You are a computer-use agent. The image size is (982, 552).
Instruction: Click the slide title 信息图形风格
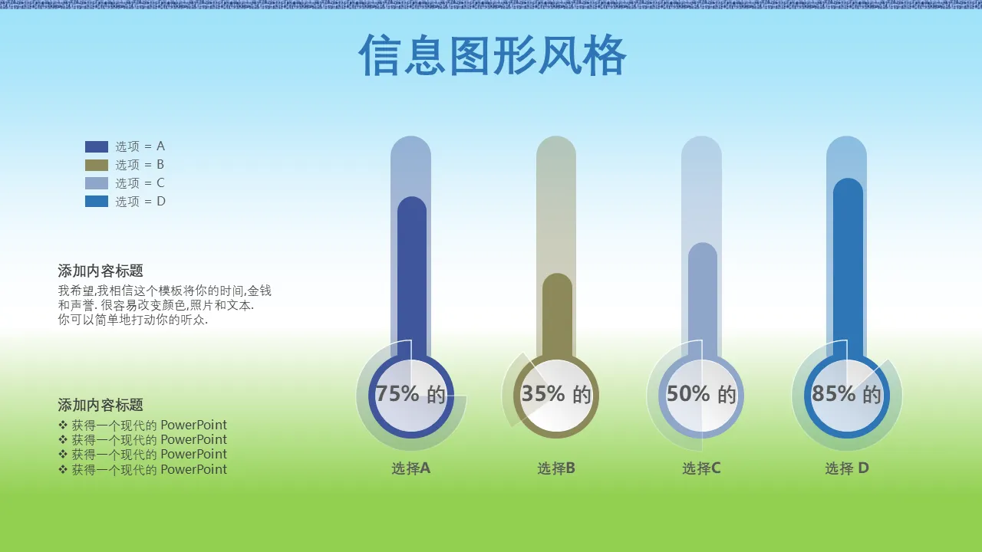tap(493, 56)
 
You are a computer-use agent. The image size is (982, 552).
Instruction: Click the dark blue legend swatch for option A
tap(97, 146)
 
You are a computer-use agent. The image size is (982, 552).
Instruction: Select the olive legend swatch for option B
tap(97, 165)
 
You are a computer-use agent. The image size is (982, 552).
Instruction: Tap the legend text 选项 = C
tap(140, 183)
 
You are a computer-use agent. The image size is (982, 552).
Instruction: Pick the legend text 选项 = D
tap(140, 202)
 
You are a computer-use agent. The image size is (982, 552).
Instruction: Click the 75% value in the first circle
tap(397, 393)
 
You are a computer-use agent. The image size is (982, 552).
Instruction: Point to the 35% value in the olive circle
tap(543, 393)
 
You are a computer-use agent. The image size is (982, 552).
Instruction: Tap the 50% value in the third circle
tap(688, 393)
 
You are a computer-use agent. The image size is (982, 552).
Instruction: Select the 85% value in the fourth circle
tap(833, 393)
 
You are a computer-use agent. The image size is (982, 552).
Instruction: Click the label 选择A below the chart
tap(410, 468)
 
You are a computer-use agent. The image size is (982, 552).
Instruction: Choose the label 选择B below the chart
tap(556, 468)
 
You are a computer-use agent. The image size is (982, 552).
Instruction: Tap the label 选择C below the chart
tap(701, 468)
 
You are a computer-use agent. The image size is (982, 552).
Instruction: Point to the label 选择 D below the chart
tap(847, 468)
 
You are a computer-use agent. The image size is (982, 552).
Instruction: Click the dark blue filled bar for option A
tap(412, 276)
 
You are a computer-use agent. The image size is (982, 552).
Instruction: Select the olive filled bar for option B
tap(557, 314)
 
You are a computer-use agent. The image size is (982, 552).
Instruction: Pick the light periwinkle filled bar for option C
tap(703, 299)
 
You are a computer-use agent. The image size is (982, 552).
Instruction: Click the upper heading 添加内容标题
tap(101, 271)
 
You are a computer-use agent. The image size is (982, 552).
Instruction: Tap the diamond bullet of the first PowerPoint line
tap(63, 425)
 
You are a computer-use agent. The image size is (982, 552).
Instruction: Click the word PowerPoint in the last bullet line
tap(194, 469)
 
